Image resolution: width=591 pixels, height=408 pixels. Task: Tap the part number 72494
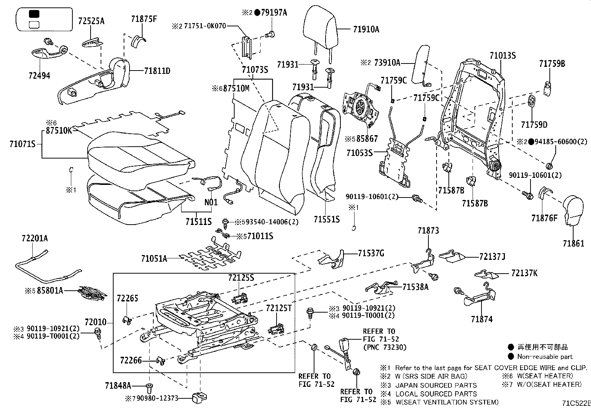click(x=39, y=76)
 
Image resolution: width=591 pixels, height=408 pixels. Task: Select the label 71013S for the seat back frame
click(x=503, y=56)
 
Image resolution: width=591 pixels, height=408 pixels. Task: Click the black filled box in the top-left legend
click(x=34, y=14)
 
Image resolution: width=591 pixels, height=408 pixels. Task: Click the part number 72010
click(x=95, y=322)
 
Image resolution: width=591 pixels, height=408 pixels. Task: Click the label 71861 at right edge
click(x=573, y=244)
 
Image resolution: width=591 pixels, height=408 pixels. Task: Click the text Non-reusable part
click(x=545, y=356)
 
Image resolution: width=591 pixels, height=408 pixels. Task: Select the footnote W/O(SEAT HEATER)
click(x=549, y=385)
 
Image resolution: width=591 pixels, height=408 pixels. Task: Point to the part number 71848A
click(x=118, y=386)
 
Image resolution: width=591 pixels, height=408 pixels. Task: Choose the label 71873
click(x=428, y=231)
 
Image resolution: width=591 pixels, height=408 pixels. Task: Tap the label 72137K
click(x=524, y=273)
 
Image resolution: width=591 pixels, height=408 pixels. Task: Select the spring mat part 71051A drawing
click(x=210, y=256)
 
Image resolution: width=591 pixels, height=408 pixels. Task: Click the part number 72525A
click(x=91, y=21)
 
